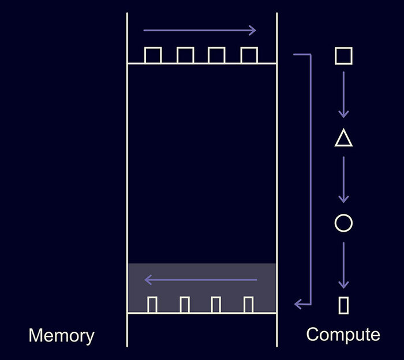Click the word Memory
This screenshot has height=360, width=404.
tap(61, 336)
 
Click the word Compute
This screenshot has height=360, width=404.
tap(343, 335)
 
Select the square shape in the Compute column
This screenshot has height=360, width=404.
tap(343, 55)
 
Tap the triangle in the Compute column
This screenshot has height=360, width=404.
tap(343, 139)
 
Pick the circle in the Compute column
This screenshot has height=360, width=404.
tap(343, 223)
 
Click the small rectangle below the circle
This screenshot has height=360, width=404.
tap(343, 305)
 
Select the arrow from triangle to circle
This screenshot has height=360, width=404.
tap(343, 179)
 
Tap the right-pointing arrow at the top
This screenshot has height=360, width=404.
tap(200, 30)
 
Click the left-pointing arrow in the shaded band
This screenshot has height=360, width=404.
tap(200, 280)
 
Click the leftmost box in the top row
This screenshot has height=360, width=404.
tap(153, 55)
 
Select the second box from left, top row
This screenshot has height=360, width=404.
tap(185, 55)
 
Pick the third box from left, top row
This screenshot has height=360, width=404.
tap(217, 55)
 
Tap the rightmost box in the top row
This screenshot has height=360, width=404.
tap(249, 55)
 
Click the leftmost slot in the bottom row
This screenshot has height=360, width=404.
tap(153, 305)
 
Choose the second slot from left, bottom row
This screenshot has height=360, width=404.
tap(185, 305)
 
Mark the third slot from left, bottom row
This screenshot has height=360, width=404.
tap(217, 305)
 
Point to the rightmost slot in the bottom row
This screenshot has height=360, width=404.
tap(249, 305)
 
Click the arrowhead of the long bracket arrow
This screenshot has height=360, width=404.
tap(298, 303)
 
